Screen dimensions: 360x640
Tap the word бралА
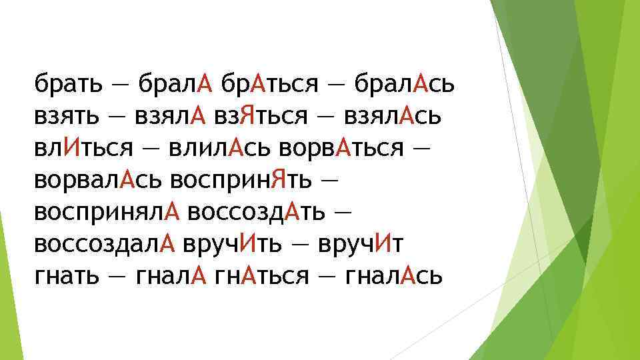(x=174, y=85)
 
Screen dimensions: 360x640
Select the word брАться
(x=269, y=85)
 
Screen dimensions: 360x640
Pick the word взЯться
(x=261, y=117)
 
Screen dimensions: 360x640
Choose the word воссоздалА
(x=104, y=245)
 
